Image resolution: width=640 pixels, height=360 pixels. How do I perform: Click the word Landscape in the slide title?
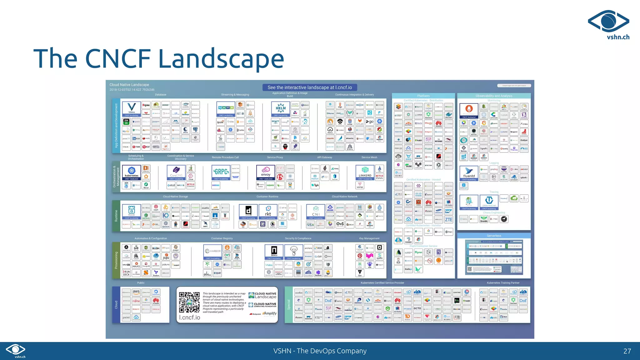tap(221, 59)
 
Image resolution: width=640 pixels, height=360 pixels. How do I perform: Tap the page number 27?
tap(627, 351)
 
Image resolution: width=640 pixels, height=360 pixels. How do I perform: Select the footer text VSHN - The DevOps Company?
tap(320, 351)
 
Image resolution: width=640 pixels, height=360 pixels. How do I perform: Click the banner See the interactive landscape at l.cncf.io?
tap(310, 87)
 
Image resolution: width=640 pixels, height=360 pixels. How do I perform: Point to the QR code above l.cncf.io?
tap(189, 302)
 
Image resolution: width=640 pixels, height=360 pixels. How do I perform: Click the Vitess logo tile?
tap(132, 108)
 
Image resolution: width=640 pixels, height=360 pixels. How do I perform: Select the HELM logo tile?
tap(281, 109)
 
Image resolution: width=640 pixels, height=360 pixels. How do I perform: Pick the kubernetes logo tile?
tap(132, 172)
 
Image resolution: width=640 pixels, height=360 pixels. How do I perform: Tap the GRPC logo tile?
tap(221, 172)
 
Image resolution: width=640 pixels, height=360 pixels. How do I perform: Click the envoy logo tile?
tap(266, 172)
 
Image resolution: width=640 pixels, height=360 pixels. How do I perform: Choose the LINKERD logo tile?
tap(365, 172)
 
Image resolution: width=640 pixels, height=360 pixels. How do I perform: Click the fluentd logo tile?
tap(469, 173)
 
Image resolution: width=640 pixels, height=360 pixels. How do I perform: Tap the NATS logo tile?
tap(226, 109)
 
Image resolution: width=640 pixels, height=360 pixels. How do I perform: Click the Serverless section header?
tap(494, 236)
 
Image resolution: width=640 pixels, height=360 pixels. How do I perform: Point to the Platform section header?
tap(423, 96)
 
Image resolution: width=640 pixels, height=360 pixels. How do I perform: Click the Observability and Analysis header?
tap(494, 96)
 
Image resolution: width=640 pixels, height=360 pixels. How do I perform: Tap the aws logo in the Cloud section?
tap(136, 292)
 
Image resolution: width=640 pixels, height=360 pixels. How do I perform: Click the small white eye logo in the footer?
tap(16, 349)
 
